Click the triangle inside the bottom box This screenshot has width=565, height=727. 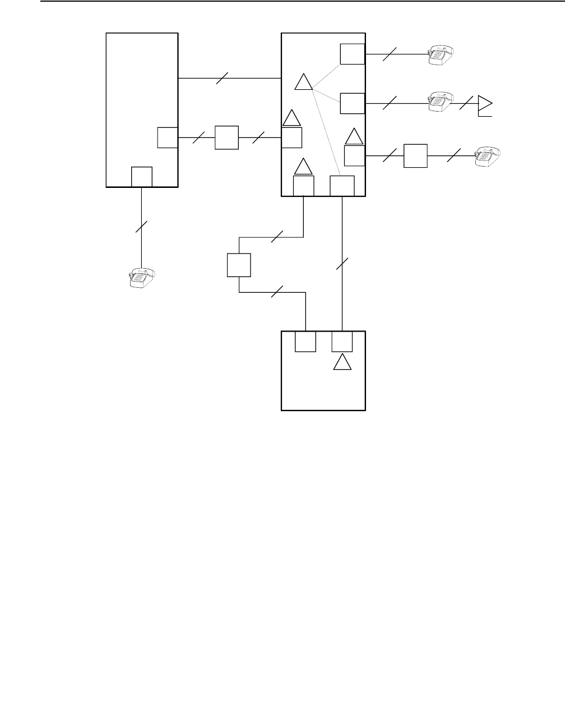tap(342, 363)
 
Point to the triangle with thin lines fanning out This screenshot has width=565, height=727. tap(303, 82)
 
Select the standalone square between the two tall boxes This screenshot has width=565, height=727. tap(226, 137)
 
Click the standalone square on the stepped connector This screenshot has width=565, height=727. tap(239, 265)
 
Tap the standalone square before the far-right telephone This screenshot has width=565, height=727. tap(415, 155)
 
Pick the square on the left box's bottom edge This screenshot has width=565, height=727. tap(141, 177)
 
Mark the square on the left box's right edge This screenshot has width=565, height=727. tap(167, 137)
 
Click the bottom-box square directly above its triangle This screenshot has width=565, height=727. tap(342, 342)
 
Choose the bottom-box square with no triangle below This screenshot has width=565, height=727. tap(305, 342)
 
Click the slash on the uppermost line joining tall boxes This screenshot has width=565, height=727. tap(223, 79)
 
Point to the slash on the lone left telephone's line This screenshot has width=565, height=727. tap(141, 227)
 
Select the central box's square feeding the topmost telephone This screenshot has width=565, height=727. tap(353, 54)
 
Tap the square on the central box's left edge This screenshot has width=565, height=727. tap(291, 137)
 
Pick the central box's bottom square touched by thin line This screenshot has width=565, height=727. tap(342, 186)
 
